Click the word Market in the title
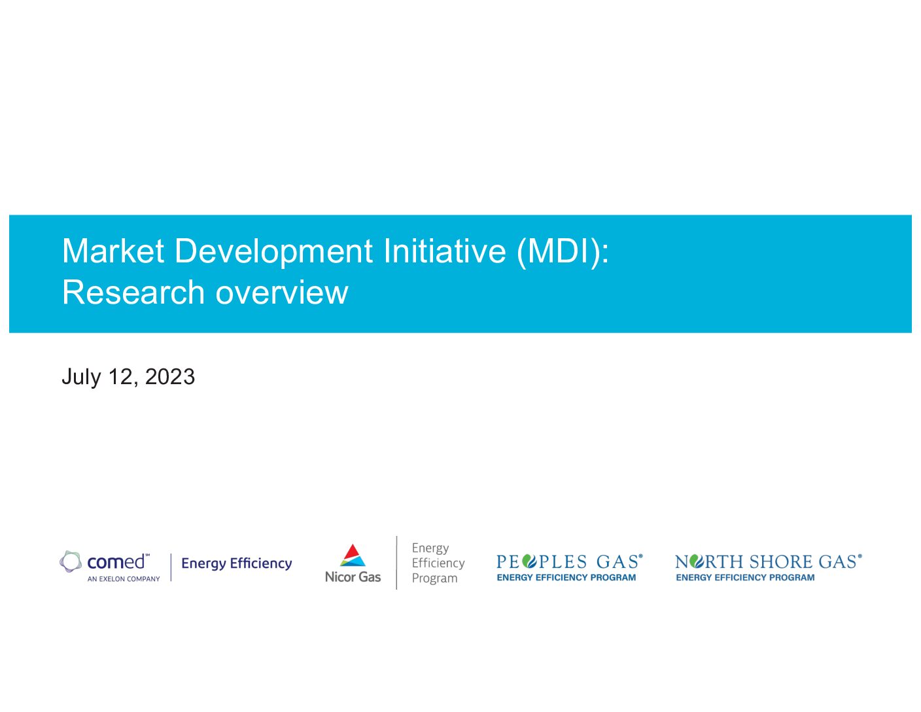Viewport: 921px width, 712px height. [x=113, y=251]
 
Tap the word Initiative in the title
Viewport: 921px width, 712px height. [x=445, y=251]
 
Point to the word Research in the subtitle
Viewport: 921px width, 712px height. [x=133, y=292]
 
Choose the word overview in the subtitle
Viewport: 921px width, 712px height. [x=282, y=293]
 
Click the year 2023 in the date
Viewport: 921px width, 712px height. [x=169, y=376]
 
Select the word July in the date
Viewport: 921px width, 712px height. [x=81, y=378]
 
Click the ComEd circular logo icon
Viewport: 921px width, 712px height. [x=71, y=561]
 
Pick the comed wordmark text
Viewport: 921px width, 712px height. [x=116, y=562]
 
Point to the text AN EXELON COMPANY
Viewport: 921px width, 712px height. [x=124, y=579]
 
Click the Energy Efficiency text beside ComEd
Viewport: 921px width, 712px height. [x=237, y=563]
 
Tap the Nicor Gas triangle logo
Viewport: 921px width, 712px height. [x=352, y=555]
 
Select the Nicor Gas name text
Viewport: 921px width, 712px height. [x=353, y=577]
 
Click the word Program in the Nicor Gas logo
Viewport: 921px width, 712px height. [x=434, y=578]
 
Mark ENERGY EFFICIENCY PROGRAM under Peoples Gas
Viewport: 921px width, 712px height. [x=566, y=577]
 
